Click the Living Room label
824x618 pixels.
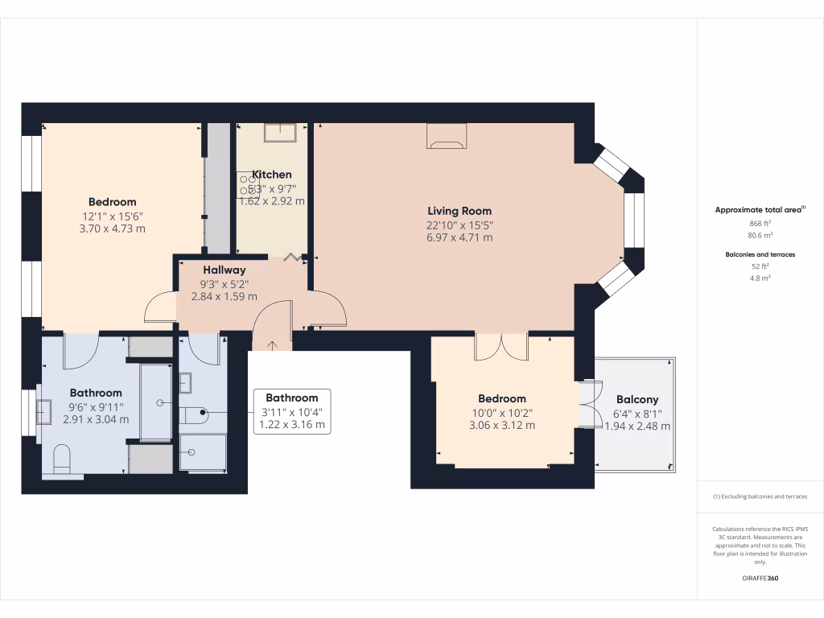(459, 211)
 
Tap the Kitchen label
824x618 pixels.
(272, 175)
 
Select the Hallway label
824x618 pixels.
(224, 270)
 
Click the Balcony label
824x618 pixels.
(637, 399)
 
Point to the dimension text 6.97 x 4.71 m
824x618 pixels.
(459, 237)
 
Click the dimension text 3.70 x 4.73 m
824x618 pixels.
(112, 229)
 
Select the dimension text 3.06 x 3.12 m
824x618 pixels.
(501, 425)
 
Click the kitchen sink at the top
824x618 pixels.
(280, 132)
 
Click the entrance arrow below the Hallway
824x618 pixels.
(271, 345)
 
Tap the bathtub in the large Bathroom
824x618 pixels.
(156, 402)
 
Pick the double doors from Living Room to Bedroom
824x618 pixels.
(501, 346)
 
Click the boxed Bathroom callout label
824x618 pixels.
(291, 398)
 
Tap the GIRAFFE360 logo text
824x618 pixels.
(760, 579)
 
